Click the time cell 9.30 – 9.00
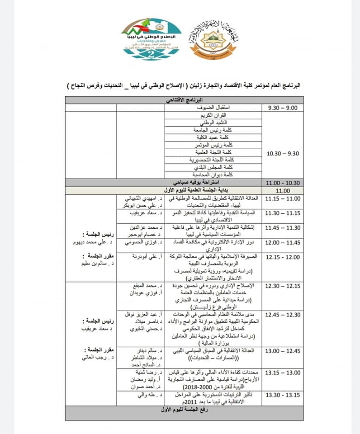tap(283, 108)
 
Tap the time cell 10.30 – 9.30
tap(283, 153)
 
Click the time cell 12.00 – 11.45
tap(283, 243)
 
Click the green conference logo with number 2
tap(152, 42)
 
